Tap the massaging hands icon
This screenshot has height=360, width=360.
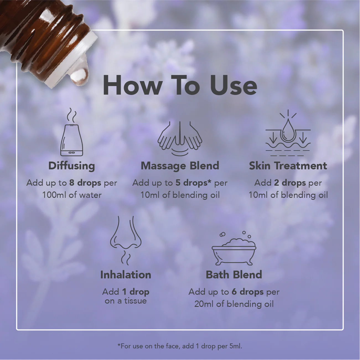click(x=180, y=138)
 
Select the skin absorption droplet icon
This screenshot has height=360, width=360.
click(x=288, y=133)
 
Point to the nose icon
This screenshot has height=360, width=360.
click(x=126, y=240)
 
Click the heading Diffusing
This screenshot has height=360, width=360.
click(x=72, y=166)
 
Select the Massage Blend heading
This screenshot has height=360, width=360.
click(x=180, y=166)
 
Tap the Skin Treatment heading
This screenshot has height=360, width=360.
click(x=288, y=166)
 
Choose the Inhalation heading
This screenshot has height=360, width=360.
click(x=126, y=275)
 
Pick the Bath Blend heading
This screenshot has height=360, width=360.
click(x=234, y=275)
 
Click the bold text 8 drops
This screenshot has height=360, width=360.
click(x=85, y=183)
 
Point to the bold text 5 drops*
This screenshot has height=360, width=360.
click(x=193, y=183)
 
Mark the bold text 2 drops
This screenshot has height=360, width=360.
click(x=290, y=183)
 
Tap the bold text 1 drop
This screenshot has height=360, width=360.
click(x=136, y=292)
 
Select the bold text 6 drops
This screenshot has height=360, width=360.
click(x=248, y=292)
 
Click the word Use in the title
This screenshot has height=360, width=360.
click(x=233, y=85)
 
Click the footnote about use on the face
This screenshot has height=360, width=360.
click(x=180, y=346)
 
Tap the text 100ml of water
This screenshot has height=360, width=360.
click(x=72, y=195)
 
